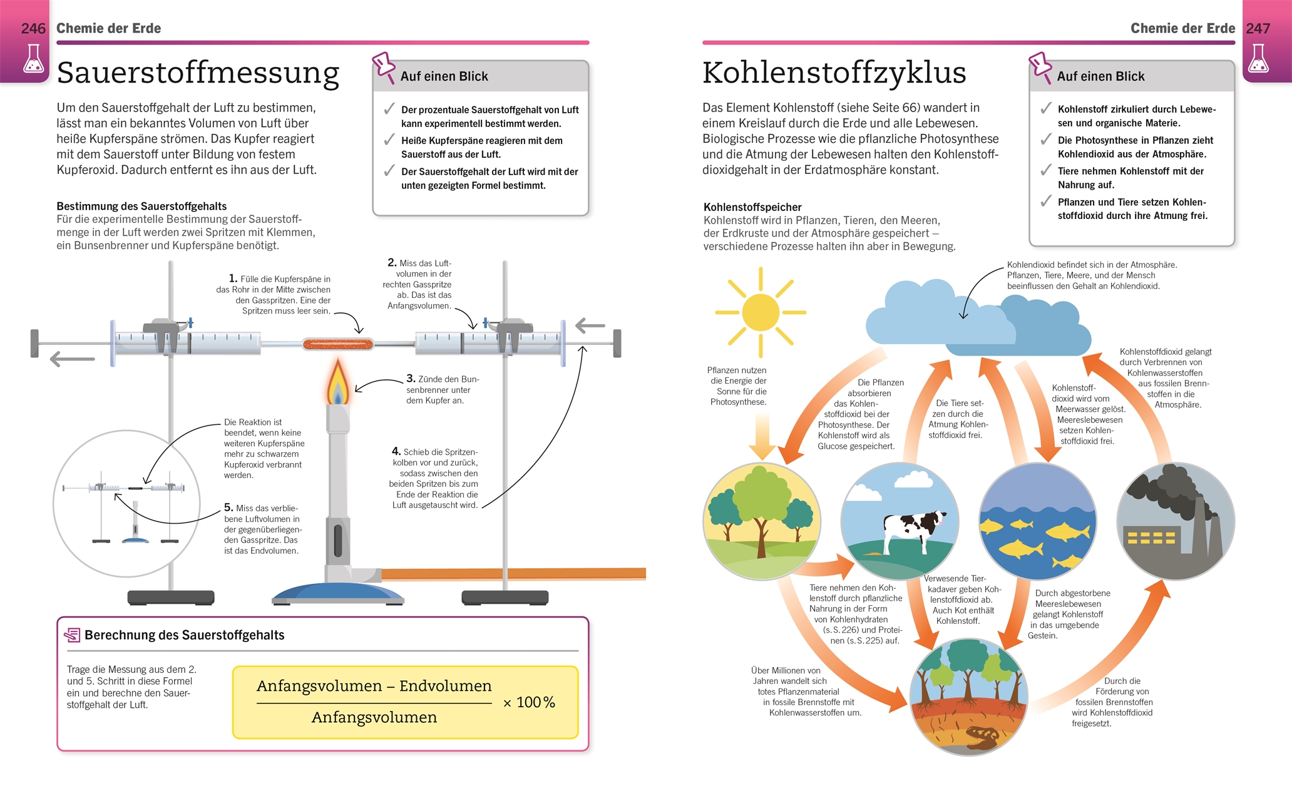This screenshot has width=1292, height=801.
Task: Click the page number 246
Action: coord(33,29)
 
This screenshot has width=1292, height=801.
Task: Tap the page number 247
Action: coord(1258,29)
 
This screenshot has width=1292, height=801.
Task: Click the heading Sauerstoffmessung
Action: coord(198,73)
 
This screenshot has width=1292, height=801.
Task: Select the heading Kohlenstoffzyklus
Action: coord(834,73)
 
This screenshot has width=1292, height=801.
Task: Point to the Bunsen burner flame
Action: coord(338,383)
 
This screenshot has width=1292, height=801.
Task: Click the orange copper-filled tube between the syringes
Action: coord(338,344)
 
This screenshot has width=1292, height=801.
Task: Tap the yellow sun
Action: coord(761,312)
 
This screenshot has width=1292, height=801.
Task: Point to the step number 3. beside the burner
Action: coord(411,379)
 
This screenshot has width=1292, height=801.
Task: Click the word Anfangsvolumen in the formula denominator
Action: coord(374,717)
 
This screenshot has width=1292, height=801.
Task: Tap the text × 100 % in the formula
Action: coord(529,703)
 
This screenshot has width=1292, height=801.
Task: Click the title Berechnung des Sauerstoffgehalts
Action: coord(184,635)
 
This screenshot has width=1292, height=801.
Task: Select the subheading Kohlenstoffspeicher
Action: coord(752,207)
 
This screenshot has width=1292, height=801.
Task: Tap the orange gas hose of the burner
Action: coord(513,573)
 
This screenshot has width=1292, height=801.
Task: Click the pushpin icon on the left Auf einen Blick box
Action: coord(383,65)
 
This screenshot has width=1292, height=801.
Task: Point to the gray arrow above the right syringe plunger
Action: coord(590,326)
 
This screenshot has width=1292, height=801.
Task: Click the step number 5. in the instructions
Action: coord(228,508)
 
